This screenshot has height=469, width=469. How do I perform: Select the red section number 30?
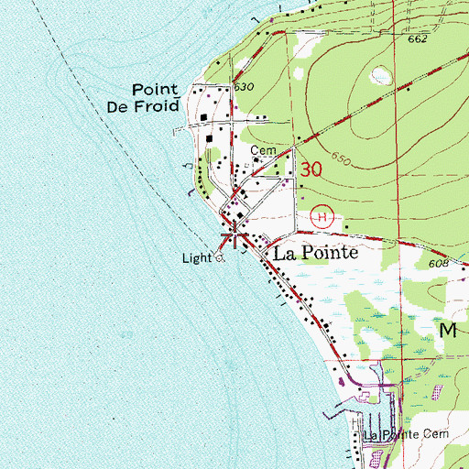(x=311, y=169)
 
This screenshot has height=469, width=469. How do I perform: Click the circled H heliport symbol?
(x=320, y=216)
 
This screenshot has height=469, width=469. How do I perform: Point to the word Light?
(x=194, y=259)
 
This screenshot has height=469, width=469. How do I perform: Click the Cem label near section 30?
(x=261, y=152)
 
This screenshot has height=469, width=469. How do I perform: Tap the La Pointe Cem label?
(x=407, y=434)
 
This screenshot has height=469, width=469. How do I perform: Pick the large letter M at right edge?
(x=449, y=332)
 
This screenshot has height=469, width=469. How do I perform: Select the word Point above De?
(x=153, y=90)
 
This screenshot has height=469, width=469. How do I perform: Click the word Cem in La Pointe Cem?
(x=433, y=434)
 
